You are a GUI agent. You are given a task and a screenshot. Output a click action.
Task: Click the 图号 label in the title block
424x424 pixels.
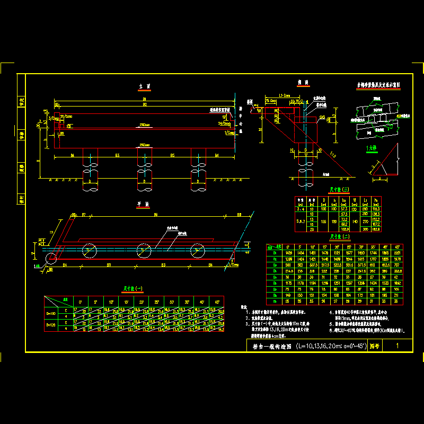[x=374, y=346]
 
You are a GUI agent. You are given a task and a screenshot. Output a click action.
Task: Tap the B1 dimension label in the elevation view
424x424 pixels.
[x=144, y=99]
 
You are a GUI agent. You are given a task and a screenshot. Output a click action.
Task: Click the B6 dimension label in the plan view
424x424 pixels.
[x=155, y=215]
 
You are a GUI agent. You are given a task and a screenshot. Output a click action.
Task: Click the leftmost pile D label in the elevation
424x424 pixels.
[x=90, y=182]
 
